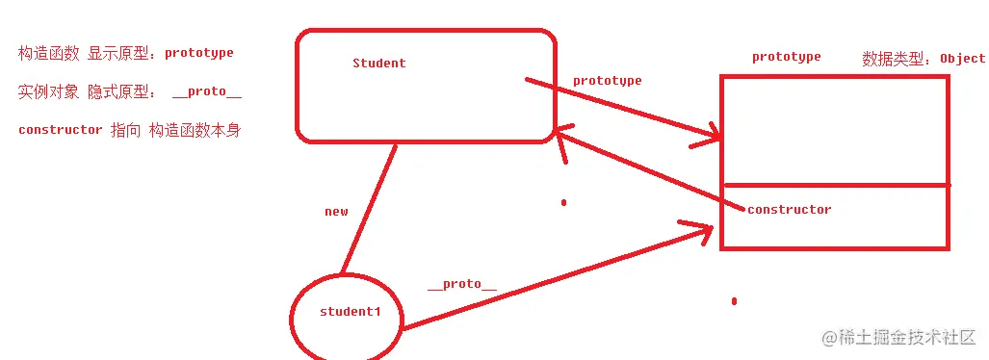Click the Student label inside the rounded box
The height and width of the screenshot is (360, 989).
click(379, 64)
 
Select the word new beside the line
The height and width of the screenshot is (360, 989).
click(336, 212)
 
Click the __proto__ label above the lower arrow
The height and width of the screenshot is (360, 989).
click(462, 284)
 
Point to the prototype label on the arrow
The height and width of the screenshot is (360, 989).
click(607, 81)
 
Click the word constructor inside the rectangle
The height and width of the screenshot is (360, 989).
click(789, 210)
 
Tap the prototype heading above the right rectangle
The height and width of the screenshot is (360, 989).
click(787, 58)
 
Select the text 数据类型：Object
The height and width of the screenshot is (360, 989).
click(924, 59)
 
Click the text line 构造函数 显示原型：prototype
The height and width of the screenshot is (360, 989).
click(126, 53)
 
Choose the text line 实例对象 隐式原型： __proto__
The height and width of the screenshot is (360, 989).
click(130, 91)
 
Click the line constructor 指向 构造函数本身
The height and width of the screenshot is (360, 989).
click(129, 130)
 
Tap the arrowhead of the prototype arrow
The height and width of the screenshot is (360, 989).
click(711, 137)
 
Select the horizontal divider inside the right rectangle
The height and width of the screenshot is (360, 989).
click(835, 186)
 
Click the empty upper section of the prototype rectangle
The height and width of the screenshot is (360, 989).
click(835, 130)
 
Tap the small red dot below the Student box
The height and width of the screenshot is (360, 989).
click(563, 203)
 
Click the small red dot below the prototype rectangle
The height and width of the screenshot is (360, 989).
click(734, 301)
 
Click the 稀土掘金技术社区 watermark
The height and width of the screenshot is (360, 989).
click(898, 337)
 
